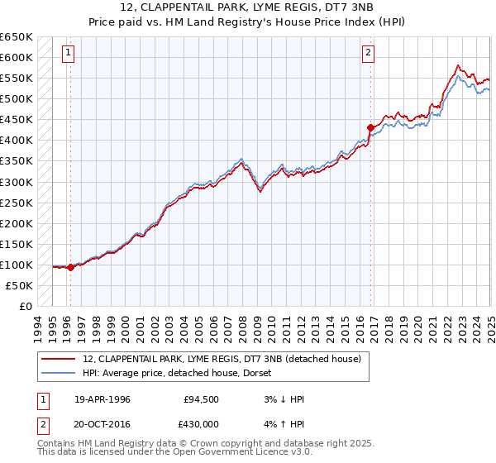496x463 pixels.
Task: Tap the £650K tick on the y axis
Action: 17,37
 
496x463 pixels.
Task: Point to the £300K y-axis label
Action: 17,182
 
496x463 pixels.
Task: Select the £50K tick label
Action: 20,285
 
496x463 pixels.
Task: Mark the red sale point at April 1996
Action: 70,267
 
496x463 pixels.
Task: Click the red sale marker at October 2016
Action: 370,127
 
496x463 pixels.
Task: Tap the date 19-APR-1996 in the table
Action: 103,399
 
